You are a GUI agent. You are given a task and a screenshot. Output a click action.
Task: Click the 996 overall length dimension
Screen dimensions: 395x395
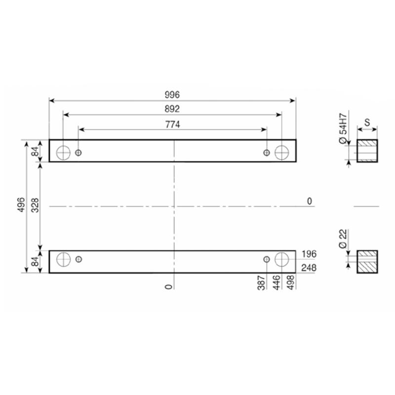click(x=172, y=95)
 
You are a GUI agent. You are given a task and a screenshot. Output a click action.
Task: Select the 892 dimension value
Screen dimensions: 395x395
click(x=172, y=109)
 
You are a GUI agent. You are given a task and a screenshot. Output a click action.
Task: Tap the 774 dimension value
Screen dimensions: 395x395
click(x=172, y=124)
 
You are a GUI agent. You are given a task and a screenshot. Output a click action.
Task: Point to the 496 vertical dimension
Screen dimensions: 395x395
click(x=22, y=204)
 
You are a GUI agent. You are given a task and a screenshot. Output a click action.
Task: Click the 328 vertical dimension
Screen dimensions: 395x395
click(x=35, y=205)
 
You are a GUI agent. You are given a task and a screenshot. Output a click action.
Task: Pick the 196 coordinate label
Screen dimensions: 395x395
click(x=309, y=254)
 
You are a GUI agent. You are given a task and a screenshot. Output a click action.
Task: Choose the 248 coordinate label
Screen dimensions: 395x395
click(x=309, y=268)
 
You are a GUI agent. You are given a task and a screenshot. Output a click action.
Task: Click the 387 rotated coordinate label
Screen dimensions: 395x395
click(x=262, y=283)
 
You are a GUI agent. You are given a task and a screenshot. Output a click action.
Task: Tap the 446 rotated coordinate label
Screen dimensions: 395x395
click(x=276, y=282)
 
